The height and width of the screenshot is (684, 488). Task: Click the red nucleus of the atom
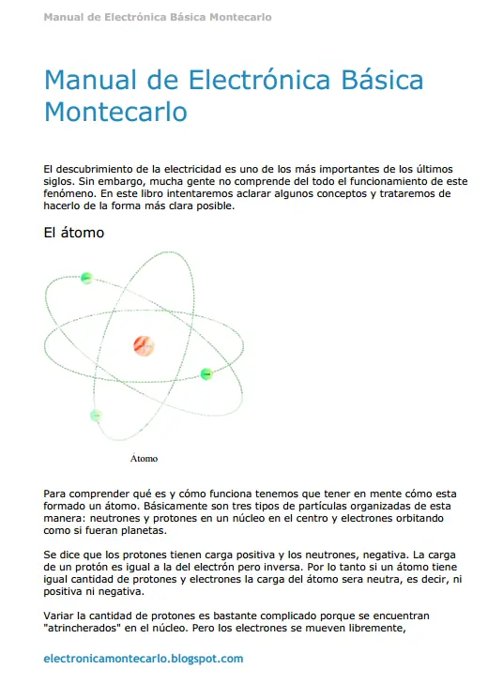click(x=143, y=345)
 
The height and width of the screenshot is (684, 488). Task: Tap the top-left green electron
click(x=86, y=278)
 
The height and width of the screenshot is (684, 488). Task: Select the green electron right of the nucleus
click(x=206, y=373)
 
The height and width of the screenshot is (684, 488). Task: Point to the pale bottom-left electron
click(x=95, y=415)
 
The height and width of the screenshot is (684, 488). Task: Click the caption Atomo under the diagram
click(x=144, y=459)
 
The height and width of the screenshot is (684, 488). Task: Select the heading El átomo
click(x=74, y=232)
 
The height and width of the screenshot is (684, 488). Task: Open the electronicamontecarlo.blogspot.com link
click(x=144, y=659)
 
